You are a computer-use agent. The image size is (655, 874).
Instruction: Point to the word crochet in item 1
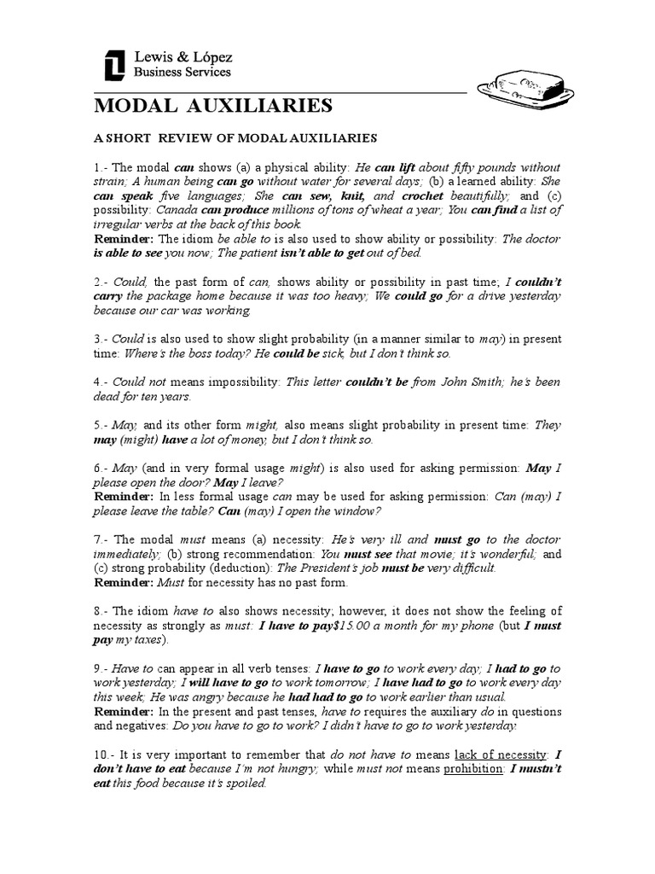coord(422,195)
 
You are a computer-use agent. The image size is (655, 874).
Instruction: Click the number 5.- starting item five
coord(102,426)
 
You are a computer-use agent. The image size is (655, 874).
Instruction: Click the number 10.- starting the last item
coord(106,755)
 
